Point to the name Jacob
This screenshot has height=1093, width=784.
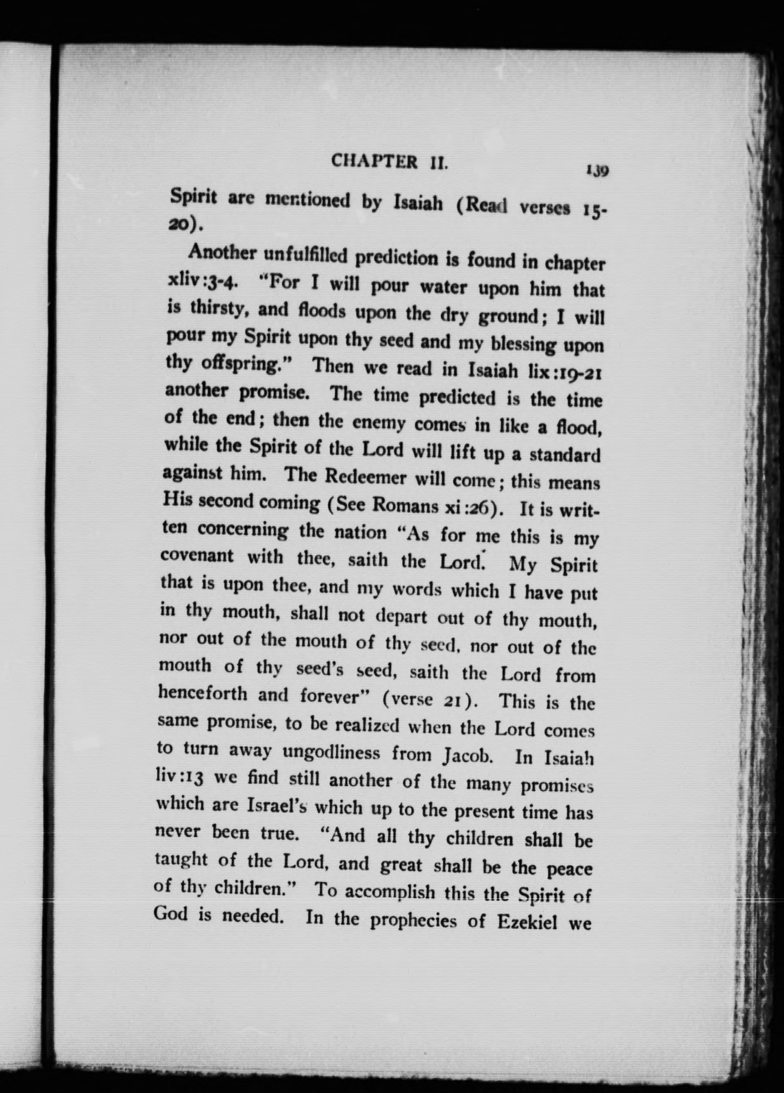(466, 755)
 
